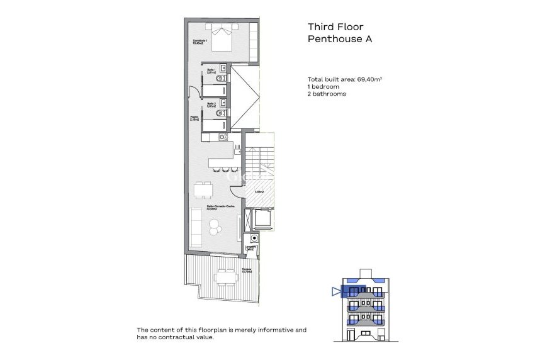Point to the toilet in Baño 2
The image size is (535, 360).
pyautogui.click(x=218, y=113)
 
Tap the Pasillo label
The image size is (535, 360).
pyautogui.click(x=195, y=118)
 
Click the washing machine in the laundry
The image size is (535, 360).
pyautogui.click(x=253, y=239)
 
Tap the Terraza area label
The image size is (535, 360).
pyautogui.click(x=247, y=271)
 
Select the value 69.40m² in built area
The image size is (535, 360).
pyautogui.click(x=371, y=79)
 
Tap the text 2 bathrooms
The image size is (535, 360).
pyautogui.click(x=326, y=93)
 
